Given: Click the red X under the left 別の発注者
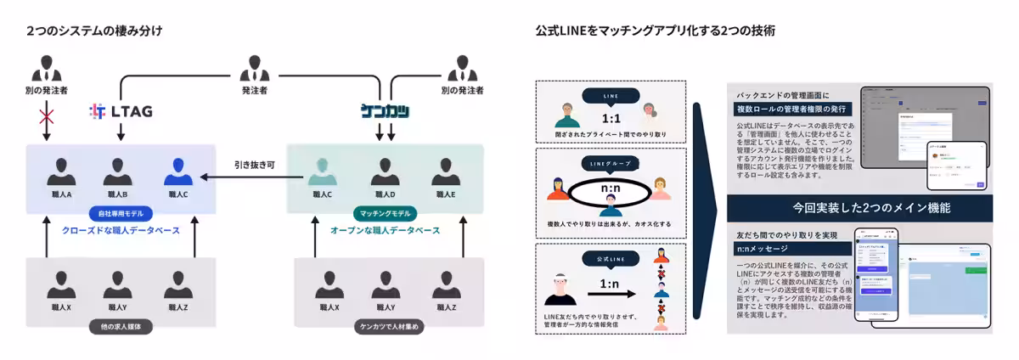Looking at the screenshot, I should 46,114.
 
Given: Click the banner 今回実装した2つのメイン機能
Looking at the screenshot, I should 859,206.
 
